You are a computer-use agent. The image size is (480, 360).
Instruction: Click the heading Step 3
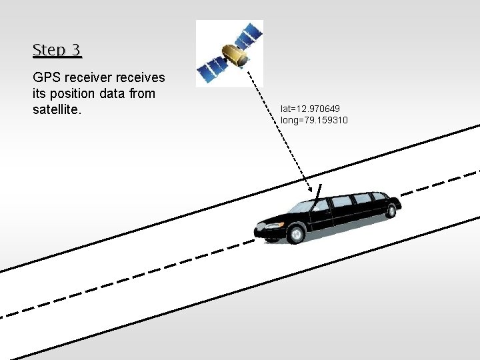point(57,50)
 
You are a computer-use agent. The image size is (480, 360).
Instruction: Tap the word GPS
point(46,79)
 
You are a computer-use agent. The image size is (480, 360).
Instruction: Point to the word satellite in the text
point(56,109)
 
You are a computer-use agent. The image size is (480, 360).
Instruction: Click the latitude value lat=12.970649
point(310,108)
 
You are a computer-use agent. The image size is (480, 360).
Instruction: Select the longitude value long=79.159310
point(314,120)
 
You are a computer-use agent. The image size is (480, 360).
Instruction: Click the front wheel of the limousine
point(295,234)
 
